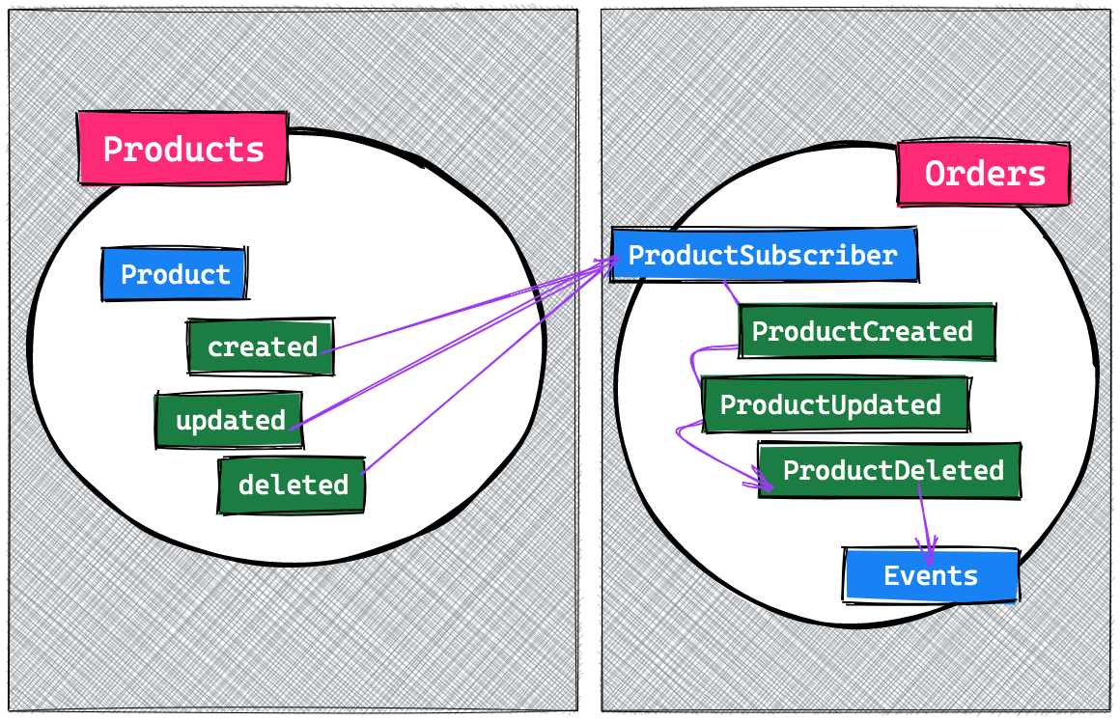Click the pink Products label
point(182,149)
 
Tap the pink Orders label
point(984,174)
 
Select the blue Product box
point(175,274)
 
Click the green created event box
point(262,347)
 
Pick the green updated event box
point(230,420)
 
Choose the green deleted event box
point(293,484)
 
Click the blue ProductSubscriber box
point(763,256)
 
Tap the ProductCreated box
point(862,332)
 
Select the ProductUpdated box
point(830,404)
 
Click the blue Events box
point(931,576)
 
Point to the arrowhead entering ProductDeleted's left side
point(762,481)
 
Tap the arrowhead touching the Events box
point(930,557)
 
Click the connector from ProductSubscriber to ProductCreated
point(731,291)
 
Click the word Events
point(931,576)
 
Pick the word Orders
point(984,174)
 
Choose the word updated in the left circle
point(230,420)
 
